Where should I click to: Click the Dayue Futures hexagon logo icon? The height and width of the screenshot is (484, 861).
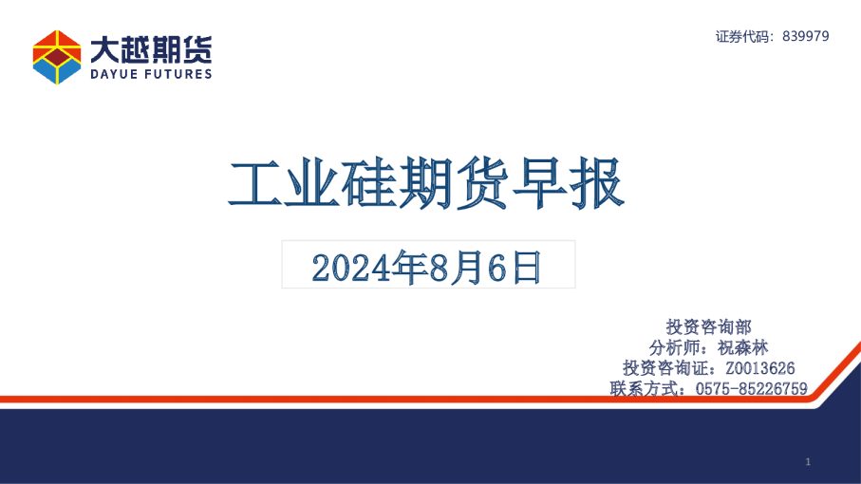[57, 57]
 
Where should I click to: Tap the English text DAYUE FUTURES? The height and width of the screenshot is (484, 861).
[151, 74]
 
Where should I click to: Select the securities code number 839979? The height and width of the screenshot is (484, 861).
[807, 36]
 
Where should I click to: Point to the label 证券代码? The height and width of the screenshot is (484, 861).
[744, 36]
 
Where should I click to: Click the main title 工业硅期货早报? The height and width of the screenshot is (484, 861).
[426, 183]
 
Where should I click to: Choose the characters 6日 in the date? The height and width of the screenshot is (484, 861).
[514, 268]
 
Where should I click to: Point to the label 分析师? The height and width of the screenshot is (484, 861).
[677, 347]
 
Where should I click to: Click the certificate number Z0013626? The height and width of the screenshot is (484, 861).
[759, 368]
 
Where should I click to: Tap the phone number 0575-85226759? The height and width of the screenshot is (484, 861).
[751, 388]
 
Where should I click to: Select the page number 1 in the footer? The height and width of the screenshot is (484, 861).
[807, 461]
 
